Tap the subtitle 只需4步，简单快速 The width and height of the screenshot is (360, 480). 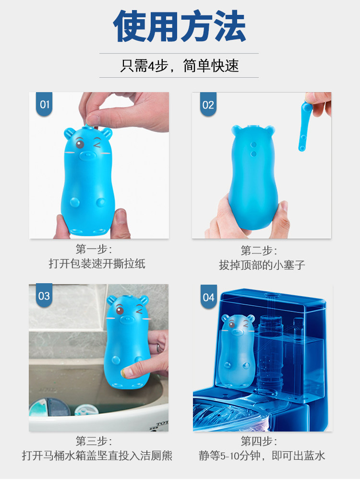tap(180, 66)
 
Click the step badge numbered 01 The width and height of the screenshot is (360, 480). tap(45, 105)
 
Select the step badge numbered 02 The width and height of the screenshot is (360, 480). tap(208, 105)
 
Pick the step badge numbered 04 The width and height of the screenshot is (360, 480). tap(208, 298)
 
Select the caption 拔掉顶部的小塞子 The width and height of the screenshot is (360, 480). tap(262, 265)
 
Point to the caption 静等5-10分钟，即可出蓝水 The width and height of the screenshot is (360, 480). tap(262, 455)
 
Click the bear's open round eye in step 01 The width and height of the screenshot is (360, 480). tap(80, 144)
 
